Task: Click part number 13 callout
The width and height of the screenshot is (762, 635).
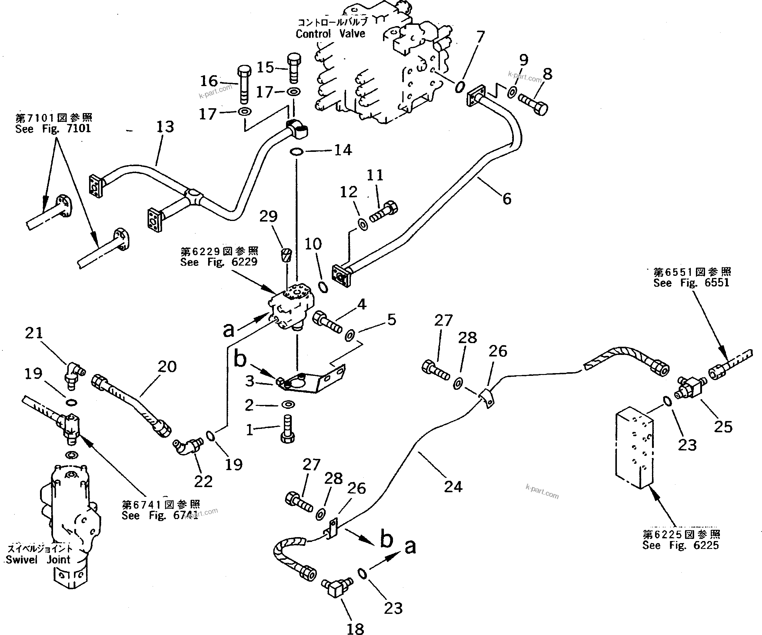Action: (165, 127)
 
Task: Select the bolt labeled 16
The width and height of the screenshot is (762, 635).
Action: (244, 84)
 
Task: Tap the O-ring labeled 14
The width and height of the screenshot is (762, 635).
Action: (297, 151)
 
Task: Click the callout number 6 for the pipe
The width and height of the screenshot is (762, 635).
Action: (507, 199)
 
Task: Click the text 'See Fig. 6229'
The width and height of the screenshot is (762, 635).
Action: (219, 262)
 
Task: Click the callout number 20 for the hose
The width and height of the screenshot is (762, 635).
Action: (167, 367)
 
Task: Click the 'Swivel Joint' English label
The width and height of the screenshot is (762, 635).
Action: (38, 560)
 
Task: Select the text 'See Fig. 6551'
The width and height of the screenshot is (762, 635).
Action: (691, 283)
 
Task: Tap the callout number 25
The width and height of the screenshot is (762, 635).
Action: (723, 427)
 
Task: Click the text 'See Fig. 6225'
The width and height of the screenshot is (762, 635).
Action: (680, 545)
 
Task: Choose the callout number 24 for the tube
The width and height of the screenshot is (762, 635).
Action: (453, 487)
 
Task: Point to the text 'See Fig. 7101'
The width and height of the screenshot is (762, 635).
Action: (53, 129)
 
